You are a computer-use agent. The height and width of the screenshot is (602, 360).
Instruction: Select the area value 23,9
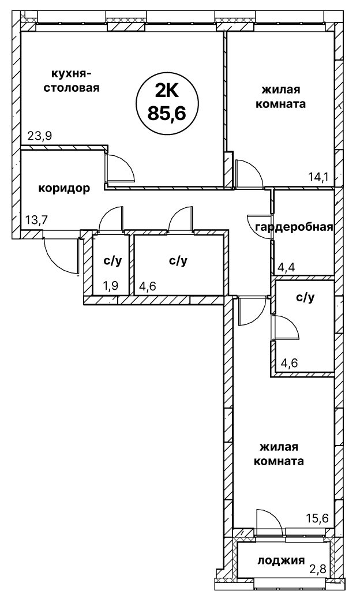40,136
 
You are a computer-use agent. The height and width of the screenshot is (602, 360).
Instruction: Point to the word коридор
64,188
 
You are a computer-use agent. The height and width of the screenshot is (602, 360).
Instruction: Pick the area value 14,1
317,177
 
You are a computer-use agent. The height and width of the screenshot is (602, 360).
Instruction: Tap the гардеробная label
294,226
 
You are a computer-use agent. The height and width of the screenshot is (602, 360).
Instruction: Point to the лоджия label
281,560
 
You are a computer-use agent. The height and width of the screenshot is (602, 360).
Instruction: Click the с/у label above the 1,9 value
112,261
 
